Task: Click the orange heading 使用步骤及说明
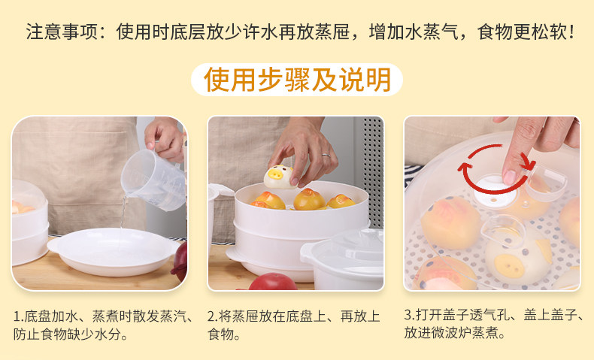click(297, 80)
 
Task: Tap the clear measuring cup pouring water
click(153, 180)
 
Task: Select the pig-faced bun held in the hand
click(281, 177)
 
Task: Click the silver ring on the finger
click(326, 155)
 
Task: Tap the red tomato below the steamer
click(273, 282)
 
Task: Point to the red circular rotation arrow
click(497, 169)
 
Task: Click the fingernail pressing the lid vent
click(509, 177)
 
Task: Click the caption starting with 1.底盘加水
click(104, 325)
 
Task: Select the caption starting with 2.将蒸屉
click(293, 325)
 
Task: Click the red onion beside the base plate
click(180, 262)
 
